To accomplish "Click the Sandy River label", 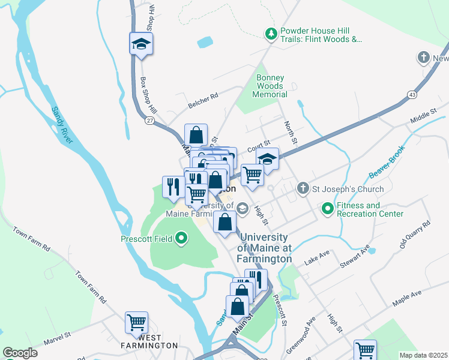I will tap(62, 125).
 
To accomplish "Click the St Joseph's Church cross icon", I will tap(304, 189).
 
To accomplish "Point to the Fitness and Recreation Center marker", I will tap(327, 209).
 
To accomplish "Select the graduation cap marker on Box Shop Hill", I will tap(141, 44).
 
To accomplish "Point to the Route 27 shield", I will tap(148, 120).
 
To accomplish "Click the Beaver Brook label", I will tap(384, 163).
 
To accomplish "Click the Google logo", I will tap(20, 353).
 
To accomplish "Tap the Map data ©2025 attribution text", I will tap(423, 355).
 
